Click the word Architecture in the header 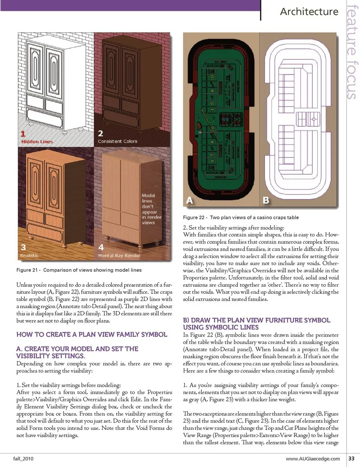pyautogui.click(x=309, y=12)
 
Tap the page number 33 pyautogui.click(x=351, y=458)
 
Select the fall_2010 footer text pyautogui.click(x=23, y=458)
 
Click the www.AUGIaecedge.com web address pyautogui.click(x=313, y=458)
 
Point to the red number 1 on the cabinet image pyautogui.click(x=23, y=134)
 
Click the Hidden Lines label pyautogui.click(x=37, y=142)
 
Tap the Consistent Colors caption pyautogui.click(x=117, y=141)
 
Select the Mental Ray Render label pyautogui.click(x=119, y=256)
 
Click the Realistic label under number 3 pyautogui.click(x=29, y=256)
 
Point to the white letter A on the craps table pyautogui.click(x=190, y=200)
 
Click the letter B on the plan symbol pyautogui.click(x=266, y=200)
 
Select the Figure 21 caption pyautogui.click(x=79, y=270)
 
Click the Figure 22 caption pyautogui.click(x=241, y=217)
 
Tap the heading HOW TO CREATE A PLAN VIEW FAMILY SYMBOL pyautogui.click(x=92, y=334)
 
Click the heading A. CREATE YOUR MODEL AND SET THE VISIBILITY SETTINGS pyautogui.click(x=77, y=352)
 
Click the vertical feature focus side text pyautogui.click(x=351, y=52)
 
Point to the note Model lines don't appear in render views pyautogui.click(x=151, y=209)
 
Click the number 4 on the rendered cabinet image pyautogui.click(x=101, y=247)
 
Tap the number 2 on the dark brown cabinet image pyautogui.click(x=100, y=133)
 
